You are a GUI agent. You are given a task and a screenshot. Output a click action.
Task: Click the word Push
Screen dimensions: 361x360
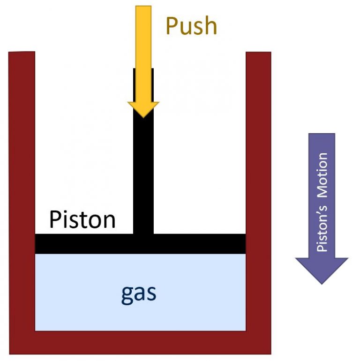pos(191,26)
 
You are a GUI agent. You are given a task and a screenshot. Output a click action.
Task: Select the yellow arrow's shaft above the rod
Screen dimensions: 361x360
pos(143,38)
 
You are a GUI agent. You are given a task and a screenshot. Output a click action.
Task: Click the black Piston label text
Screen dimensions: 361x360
pos(82,219)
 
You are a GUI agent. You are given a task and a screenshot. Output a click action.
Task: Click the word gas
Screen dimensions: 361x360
pos(139,293)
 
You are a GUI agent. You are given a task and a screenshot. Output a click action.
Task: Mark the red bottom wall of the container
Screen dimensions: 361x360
pos(141,342)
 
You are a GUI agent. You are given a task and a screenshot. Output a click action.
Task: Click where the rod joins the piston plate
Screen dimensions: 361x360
pos(143,234)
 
